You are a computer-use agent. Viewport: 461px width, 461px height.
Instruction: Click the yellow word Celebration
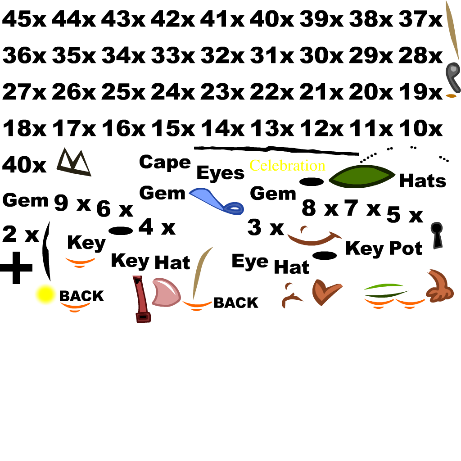click(287, 166)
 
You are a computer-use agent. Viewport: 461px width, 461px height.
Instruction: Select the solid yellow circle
click(45, 295)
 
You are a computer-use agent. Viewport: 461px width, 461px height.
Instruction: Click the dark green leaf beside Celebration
click(362, 176)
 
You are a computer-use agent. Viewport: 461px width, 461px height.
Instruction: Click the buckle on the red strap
click(143, 317)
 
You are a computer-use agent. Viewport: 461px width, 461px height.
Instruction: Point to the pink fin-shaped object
click(165, 293)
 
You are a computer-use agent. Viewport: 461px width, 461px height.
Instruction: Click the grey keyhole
click(437, 234)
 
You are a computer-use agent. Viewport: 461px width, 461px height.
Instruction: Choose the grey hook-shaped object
click(452, 74)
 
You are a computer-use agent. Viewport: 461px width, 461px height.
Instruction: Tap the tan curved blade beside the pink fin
click(201, 270)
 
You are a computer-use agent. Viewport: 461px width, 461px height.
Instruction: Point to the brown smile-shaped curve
click(314, 240)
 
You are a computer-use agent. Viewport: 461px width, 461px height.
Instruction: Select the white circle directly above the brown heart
click(318, 270)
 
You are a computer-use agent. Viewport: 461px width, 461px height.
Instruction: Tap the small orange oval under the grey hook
click(451, 95)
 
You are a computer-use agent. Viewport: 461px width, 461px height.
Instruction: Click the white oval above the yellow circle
click(55, 243)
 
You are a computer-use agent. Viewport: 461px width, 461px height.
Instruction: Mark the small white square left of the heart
click(291, 303)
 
